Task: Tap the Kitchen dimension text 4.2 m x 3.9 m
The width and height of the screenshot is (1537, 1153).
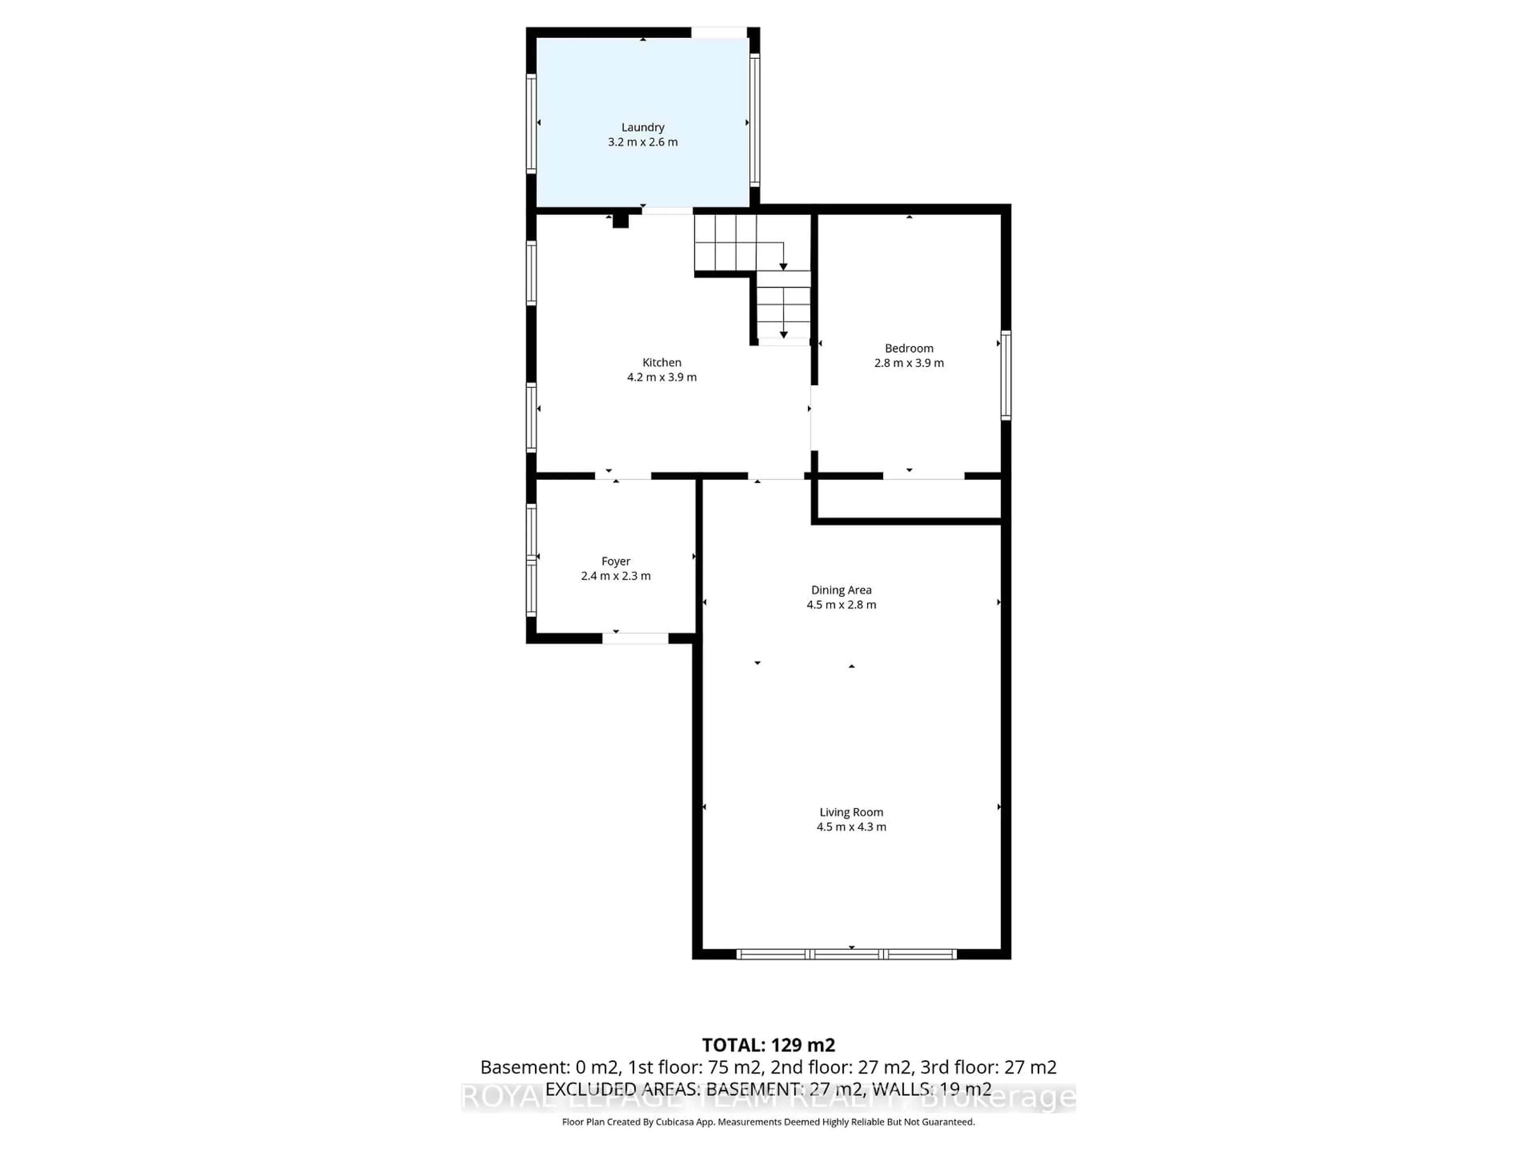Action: (x=662, y=378)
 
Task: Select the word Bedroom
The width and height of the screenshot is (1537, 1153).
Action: (x=909, y=348)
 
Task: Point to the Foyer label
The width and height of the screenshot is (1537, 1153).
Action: (x=616, y=561)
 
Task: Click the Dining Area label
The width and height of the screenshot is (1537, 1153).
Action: (x=841, y=590)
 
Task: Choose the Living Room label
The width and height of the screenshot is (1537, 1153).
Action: (x=851, y=812)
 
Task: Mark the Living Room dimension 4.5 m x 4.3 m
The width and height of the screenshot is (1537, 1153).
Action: (x=851, y=827)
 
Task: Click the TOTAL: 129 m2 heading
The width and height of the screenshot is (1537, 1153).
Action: (x=768, y=1045)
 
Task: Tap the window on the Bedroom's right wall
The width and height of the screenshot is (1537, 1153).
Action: (x=1005, y=375)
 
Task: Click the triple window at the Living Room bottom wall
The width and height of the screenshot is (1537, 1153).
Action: (x=846, y=954)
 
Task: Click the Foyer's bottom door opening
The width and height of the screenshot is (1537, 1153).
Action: (x=635, y=638)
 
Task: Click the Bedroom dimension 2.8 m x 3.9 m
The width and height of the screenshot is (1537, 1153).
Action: (x=909, y=363)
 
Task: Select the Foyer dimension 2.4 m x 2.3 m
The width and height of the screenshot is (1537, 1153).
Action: (x=616, y=576)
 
